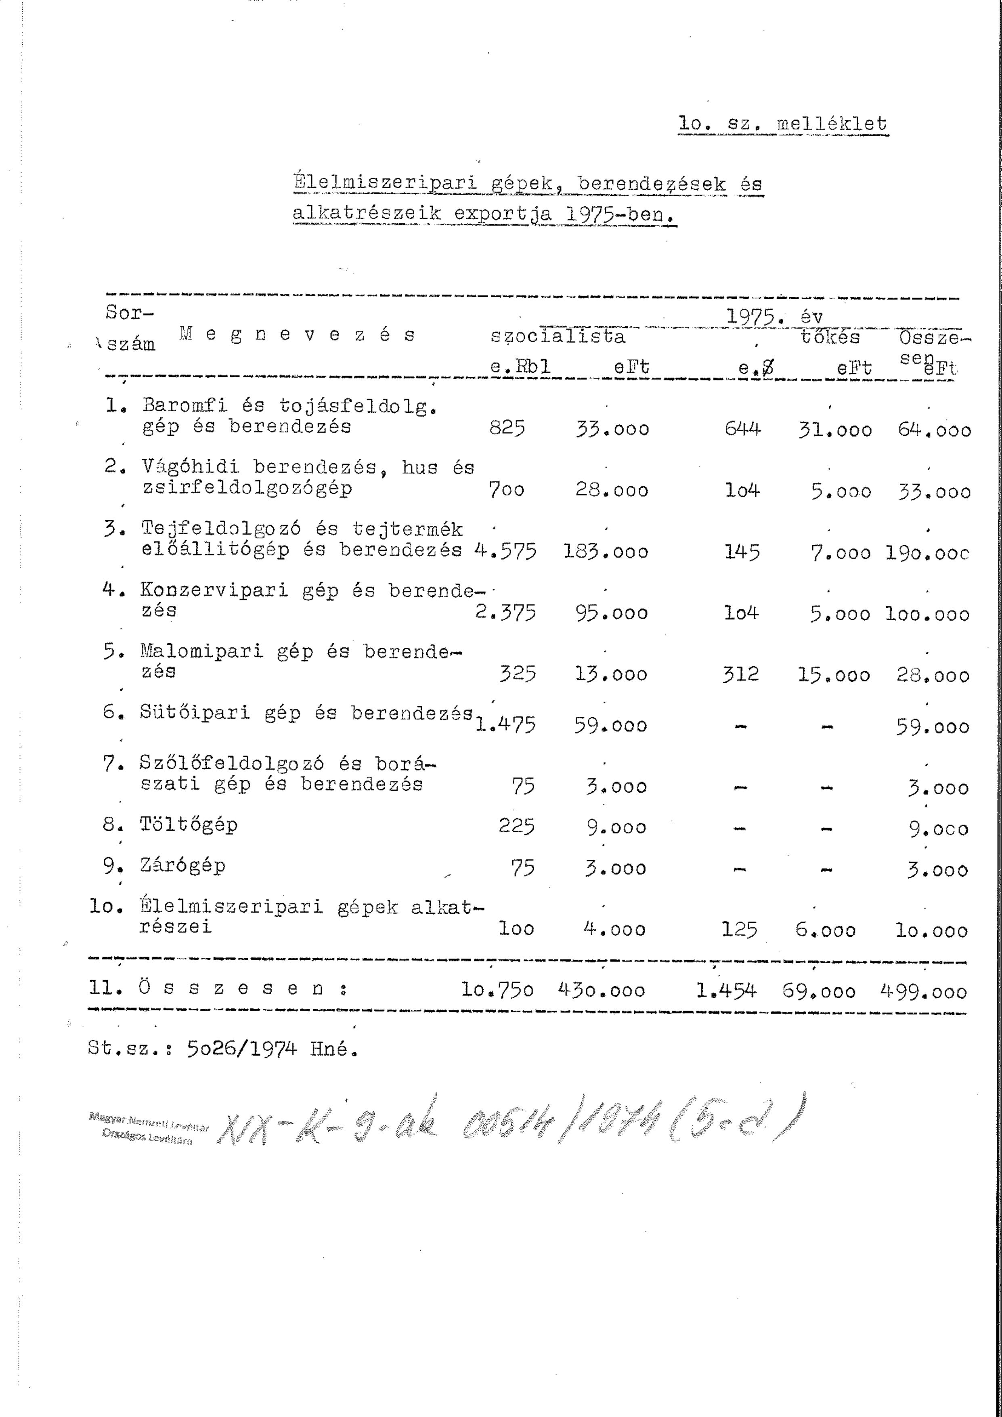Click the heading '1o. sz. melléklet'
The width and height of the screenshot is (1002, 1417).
point(782,124)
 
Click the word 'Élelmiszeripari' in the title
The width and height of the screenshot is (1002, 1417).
point(386,183)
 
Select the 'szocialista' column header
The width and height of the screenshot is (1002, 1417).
point(558,337)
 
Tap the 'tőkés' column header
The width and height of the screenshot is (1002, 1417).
point(830,337)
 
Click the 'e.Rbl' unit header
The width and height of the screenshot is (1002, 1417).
point(520,367)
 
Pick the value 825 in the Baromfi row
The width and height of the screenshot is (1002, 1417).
point(507,428)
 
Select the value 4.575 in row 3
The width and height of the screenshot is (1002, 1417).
point(505,550)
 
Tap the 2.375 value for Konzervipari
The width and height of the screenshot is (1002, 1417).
point(505,612)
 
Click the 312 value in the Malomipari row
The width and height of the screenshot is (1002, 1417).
point(740,673)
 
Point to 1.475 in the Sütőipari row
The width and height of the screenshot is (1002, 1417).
point(505,724)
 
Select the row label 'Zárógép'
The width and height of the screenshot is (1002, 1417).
point(182,865)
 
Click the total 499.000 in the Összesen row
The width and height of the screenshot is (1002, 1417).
point(923,992)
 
